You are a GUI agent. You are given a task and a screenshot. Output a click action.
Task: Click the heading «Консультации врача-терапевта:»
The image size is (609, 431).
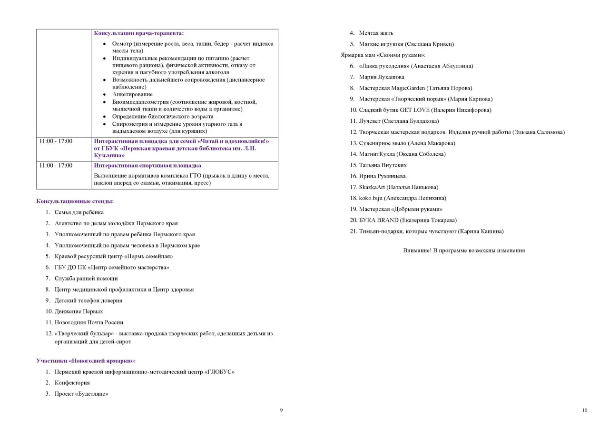138,33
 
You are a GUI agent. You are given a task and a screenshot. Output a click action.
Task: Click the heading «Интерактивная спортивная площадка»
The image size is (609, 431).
147,166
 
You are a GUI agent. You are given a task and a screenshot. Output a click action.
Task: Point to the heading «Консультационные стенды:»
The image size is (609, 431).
75,201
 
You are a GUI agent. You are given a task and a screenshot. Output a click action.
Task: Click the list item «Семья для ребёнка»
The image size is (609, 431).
79,212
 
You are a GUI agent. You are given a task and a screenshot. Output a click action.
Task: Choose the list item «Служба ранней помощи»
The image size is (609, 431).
86,279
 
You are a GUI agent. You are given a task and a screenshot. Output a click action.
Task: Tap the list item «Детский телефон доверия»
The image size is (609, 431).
88,301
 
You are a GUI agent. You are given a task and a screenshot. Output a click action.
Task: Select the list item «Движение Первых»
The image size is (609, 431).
79,311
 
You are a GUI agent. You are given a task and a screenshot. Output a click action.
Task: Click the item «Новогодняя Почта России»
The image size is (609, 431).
89,322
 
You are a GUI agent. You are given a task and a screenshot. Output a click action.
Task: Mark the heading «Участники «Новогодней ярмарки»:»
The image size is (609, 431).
86,361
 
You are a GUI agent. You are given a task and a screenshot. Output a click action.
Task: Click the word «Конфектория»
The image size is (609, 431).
72,383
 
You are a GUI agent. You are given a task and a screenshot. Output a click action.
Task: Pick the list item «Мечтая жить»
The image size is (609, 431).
376,33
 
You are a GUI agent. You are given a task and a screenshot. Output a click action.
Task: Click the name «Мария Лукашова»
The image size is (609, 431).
382,77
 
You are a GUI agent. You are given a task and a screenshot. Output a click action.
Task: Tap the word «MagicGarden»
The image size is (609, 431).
408,88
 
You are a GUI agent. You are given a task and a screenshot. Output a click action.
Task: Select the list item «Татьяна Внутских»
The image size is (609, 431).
383,165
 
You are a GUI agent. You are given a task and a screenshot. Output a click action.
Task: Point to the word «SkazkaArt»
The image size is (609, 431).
372,187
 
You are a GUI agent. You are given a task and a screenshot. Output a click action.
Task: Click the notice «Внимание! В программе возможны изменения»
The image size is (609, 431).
464,251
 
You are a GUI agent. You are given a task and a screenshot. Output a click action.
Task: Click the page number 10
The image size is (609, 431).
585,411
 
